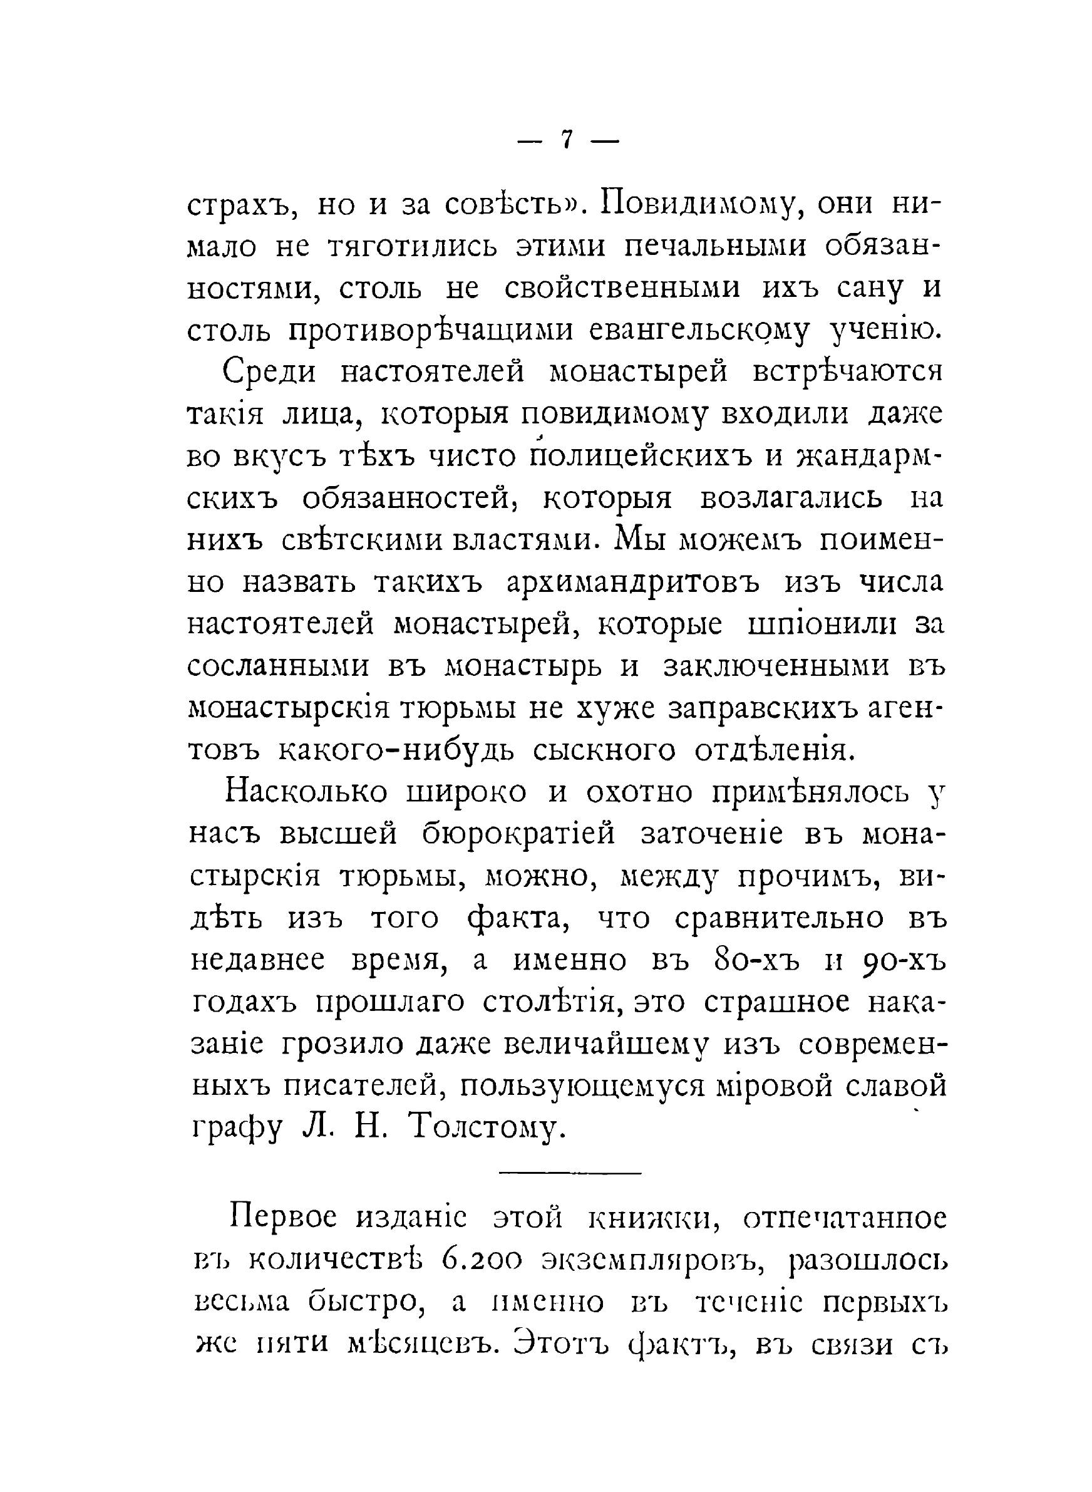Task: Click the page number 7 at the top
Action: coord(567,142)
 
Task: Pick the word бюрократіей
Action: coord(520,835)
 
